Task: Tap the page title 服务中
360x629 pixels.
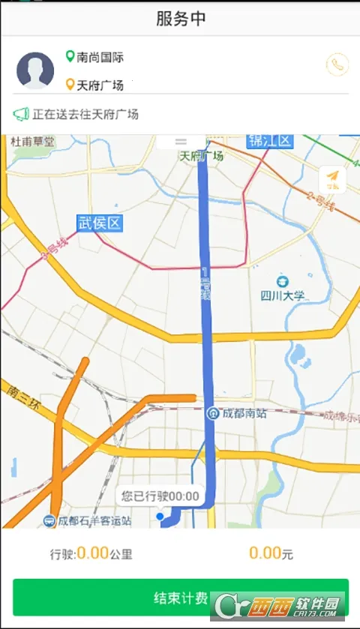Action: (x=181, y=19)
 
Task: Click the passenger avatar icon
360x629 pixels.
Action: (x=35, y=70)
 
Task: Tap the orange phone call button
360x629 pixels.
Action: (x=337, y=65)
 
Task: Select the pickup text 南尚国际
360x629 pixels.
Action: (x=100, y=57)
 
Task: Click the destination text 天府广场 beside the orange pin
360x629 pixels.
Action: (x=100, y=85)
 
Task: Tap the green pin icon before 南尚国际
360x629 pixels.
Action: (x=70, y=56)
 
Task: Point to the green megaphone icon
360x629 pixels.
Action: (x=21, y=115)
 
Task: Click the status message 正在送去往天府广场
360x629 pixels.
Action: (x=85, y=115)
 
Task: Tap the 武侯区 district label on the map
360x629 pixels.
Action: (x=99, y=223)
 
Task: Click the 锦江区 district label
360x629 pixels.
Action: (x=269, y=141)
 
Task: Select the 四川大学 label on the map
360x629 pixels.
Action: (x=283, y=295)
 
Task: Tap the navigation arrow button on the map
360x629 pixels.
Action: (x=332, y=179)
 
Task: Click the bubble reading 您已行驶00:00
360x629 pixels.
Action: (x=160, y=496)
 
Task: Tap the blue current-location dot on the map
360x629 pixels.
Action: (x=160, y=517)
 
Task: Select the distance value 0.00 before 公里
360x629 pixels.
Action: (x=93, y=553)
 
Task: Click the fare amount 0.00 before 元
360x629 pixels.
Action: (x=265, y=553)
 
